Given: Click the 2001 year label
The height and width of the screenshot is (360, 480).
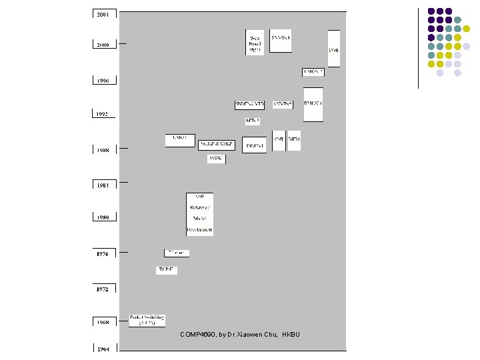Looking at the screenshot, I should [x=104, y=13].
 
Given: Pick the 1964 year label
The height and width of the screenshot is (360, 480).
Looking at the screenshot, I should [x=103, y=348].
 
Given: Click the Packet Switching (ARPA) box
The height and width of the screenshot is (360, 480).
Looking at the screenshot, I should [x=147, y=320].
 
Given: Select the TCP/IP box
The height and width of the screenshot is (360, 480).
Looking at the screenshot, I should [x=167, y=270].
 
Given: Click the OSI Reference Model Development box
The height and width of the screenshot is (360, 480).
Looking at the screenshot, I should [x=199, y=213].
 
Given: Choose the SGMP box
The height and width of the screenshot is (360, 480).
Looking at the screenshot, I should [x=216, y=159].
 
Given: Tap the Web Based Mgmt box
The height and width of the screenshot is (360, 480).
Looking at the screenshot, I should [x=255, y=41].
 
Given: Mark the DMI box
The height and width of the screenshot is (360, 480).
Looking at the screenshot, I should [x=333, y=48].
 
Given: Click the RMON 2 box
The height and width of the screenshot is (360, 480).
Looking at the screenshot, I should [x=313, y=72].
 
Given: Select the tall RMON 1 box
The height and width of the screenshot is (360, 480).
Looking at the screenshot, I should [x=313, y=104].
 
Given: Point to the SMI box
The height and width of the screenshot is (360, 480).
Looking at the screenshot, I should [x=279, y=140].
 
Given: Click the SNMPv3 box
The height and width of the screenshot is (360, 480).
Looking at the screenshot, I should [x=280, y=40].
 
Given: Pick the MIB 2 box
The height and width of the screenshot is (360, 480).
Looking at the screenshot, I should [x=294, y=140].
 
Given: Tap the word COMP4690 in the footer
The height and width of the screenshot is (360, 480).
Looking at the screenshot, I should [x=197, y=334].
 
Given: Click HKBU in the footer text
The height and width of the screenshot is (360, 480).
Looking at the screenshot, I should [x=291, y=334].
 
